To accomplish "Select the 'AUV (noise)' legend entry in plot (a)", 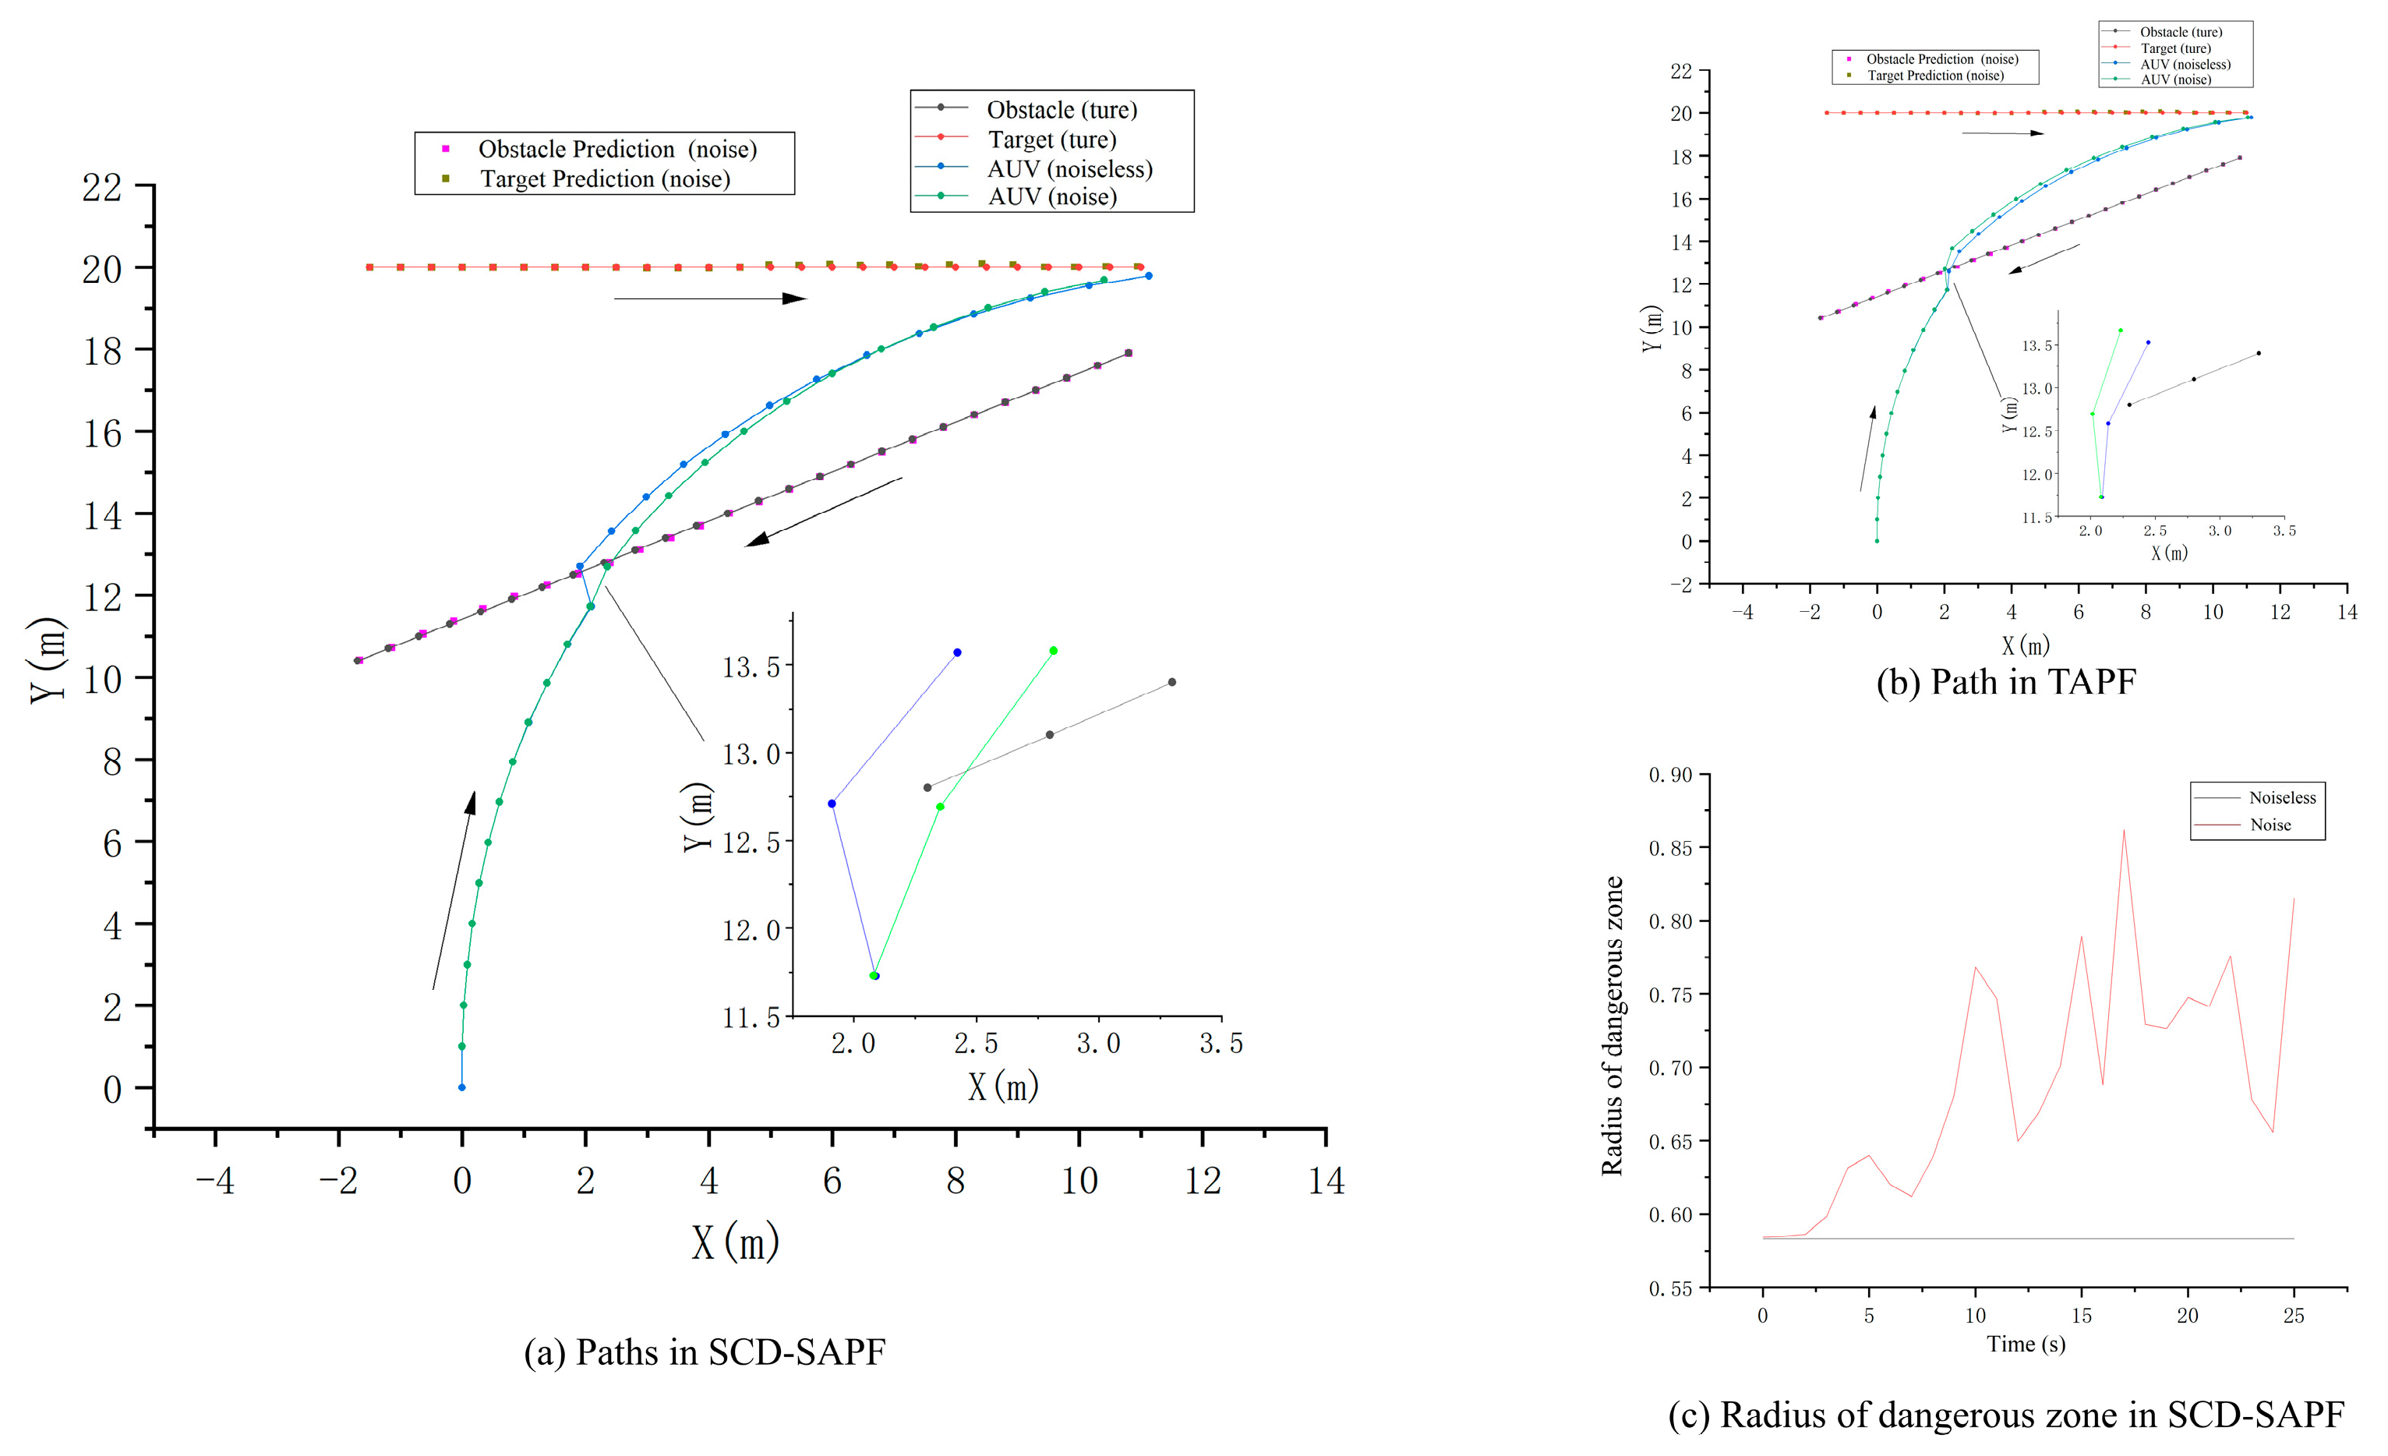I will tap(1051, 196).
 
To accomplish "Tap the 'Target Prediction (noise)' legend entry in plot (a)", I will tap(605, 179).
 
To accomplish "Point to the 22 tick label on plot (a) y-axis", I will tap(102, 186).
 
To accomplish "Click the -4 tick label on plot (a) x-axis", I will tap(215, 1181).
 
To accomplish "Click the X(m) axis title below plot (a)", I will tap(736, 1242).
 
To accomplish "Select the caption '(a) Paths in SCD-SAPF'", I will tap(705, 1352).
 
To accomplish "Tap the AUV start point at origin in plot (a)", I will tap(461, 1087).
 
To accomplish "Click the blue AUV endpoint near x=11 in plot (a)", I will tap(1149, 276).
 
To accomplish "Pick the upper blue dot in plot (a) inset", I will tap(958, 652).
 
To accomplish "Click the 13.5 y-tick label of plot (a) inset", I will tap(751, 667).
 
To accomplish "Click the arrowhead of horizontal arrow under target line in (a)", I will tap(795, 299).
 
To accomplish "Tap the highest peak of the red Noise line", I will tap(2124, 830).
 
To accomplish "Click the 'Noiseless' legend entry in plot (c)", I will tap(2281, 798).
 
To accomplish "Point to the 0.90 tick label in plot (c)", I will tap(1671, 775).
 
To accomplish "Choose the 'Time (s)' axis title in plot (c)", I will tap(2026, 1345).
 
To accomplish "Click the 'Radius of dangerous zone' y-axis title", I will tap(1613, 1026).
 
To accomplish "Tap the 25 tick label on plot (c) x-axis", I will tap(2293, 1316).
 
